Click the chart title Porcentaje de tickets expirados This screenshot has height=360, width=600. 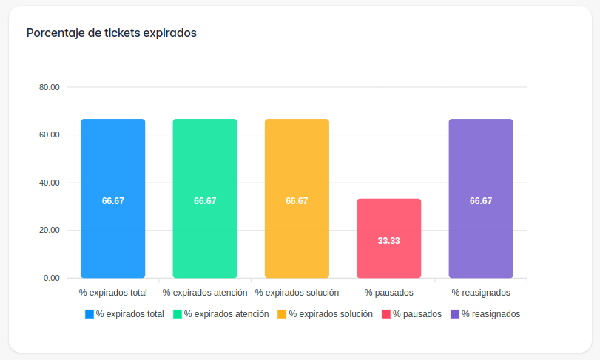pyautogui.click(x=111, y=33)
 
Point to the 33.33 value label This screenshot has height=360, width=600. pyautogui.click(x=388, y=241)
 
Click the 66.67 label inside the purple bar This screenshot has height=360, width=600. pyautogui.click(x=480, y=201)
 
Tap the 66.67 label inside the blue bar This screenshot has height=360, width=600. pyautogui.click(x=113, y=201)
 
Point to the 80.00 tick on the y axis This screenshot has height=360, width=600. pyautogui.click(x=50, y=87)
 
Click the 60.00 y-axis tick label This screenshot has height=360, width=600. pyautogui.click(x=50, y=135)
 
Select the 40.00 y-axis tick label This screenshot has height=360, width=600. pyautogui.click(x=50, y=183)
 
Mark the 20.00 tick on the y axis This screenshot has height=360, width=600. pyautogui.click(x=50, y=231)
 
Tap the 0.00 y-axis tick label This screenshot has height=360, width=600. pyautogui.click(x=52, y=278)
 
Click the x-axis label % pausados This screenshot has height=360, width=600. pyautogui.click(x=388, y=293)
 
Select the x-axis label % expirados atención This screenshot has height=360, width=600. pyautogui.click(x=205, y=293)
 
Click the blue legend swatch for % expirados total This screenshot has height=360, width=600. pyautogui.click(x=90, y=314)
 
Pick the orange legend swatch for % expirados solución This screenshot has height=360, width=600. pyautogui.click(x=282, y=314)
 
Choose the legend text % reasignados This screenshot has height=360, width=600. pyautogui.click(x=491, y=314)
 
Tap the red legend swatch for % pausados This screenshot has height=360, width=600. pyautogui.click(x=386, y=314)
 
